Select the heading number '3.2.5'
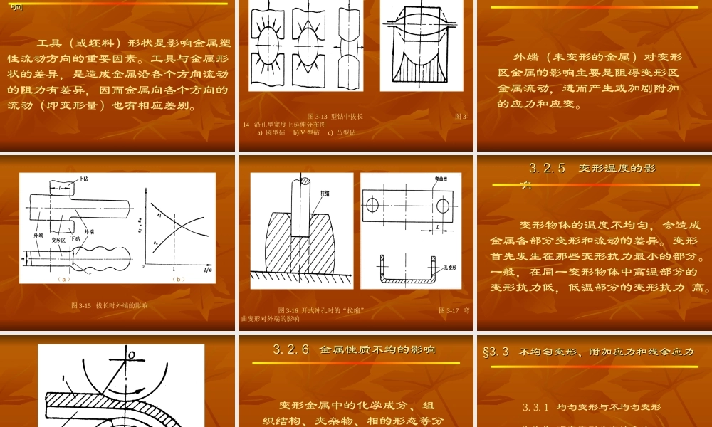click(547, 169)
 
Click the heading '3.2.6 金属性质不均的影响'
click(354, 349)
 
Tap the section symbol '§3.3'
click(496, 352)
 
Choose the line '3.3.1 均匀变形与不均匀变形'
click(592, 408)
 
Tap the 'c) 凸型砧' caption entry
click(341, 132)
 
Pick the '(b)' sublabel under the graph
click(178, 279)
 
